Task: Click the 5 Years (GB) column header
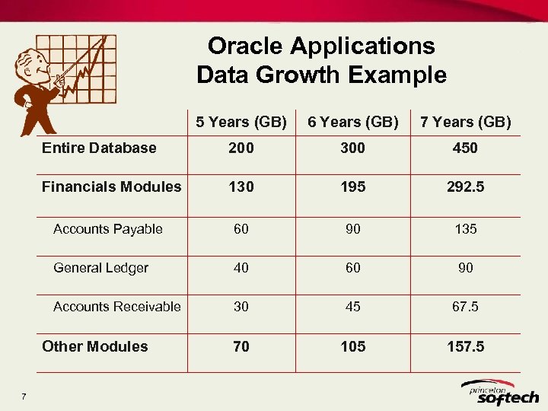pos(241,122)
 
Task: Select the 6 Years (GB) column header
pos(352,122)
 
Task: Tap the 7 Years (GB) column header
pos(465,122)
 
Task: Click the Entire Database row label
pos(99,148)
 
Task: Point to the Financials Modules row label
pos(112,186)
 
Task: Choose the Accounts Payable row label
pos(107,229)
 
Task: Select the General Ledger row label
pos(100,268)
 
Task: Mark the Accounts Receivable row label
pos(116,307)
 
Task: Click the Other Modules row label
pos(95,346)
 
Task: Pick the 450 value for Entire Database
pos(465,148)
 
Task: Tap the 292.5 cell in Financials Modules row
pos(465,187)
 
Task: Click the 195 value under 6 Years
pos(352,187)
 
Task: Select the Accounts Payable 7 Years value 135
pos(465,229)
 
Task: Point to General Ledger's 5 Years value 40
pos(241,268)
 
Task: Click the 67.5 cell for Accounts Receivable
pos(465,307)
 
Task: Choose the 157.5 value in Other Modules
pos(465,346)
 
